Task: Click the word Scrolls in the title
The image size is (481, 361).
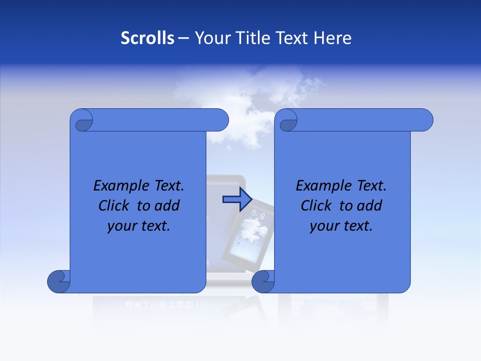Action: pyautogui.click(x=147, y=38)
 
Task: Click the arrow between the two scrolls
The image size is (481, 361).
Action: pyautogui.click(x=236, y=199)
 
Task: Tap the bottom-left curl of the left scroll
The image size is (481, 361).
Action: pyautogui.click(x=58, y=281)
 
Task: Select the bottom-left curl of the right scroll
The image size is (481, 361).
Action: pyautogui.click(x=263, y=281)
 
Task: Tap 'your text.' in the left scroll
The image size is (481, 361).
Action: pyautogui.click(x=139, y=226)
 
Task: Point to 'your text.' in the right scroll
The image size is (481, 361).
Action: pyautogui.click(x=341, y=226)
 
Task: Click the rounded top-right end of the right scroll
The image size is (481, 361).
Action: pyautogui.click(x=424, y=120)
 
